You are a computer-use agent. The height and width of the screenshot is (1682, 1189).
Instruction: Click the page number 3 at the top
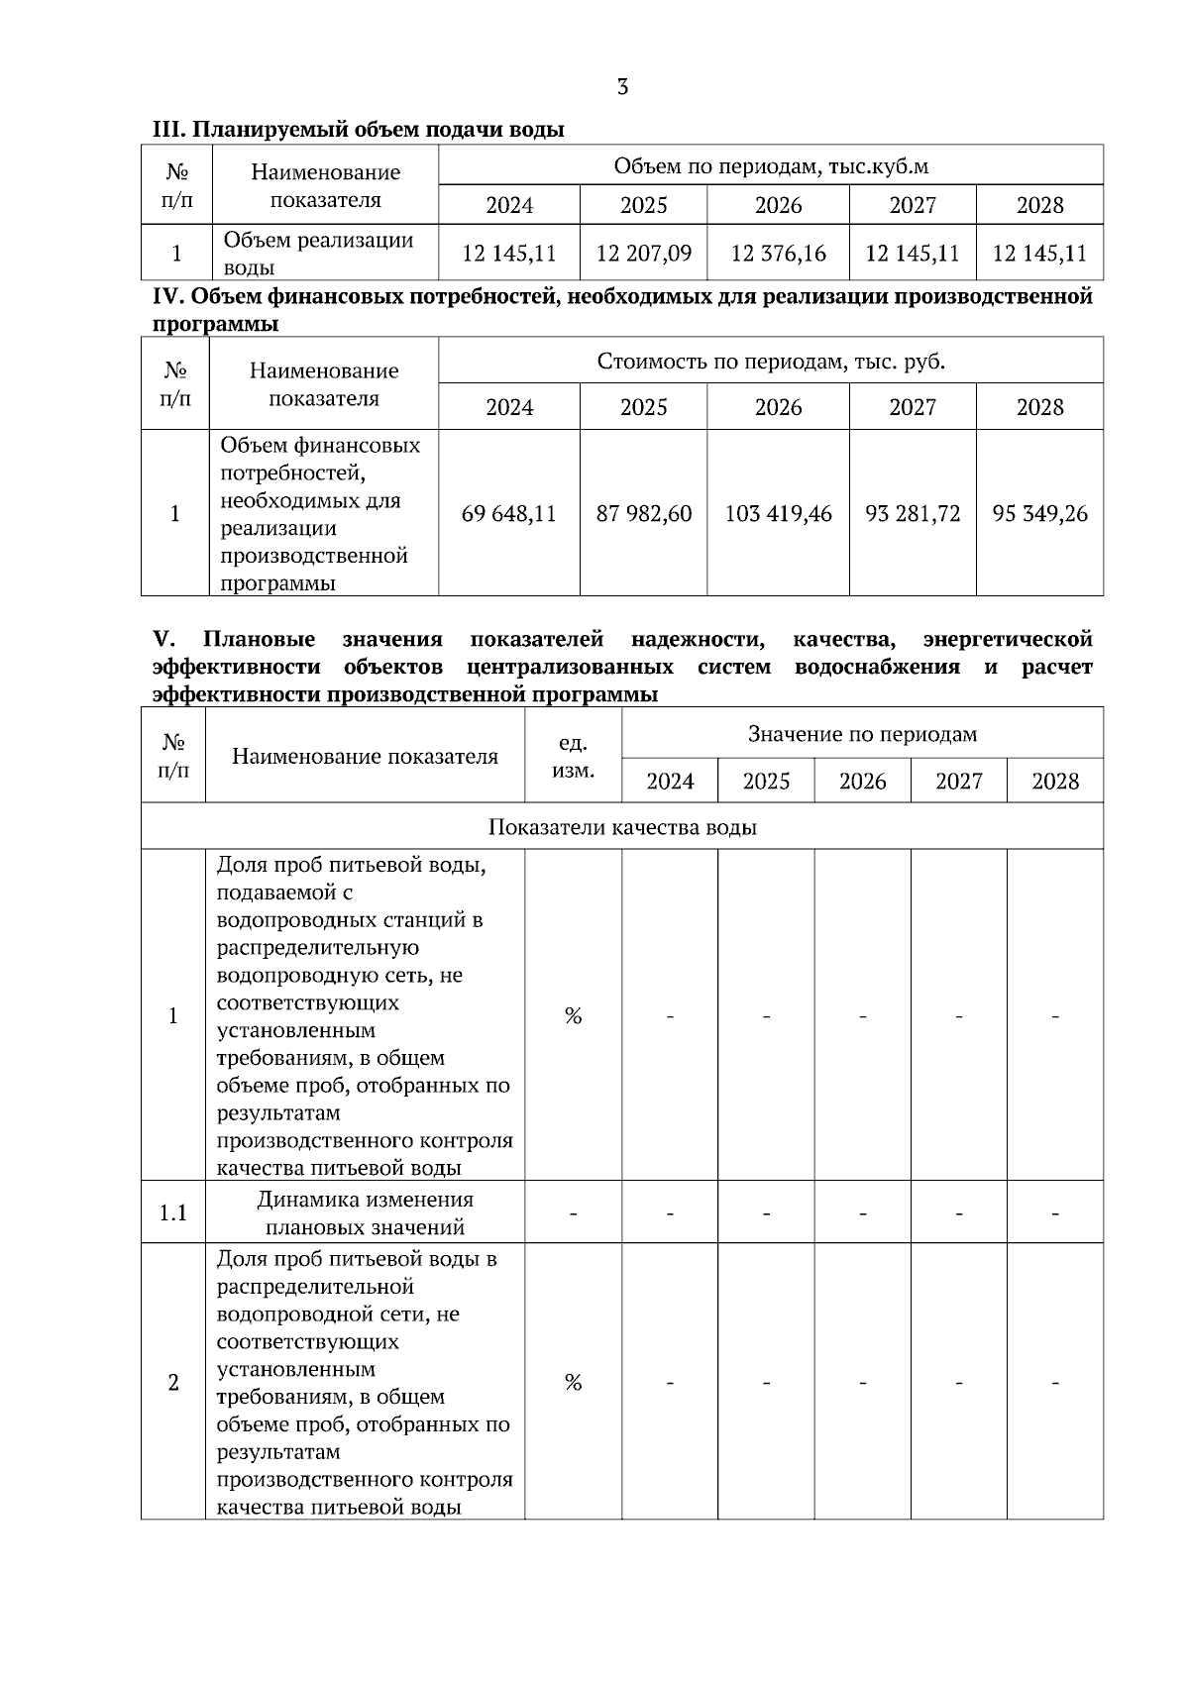tap(622, 87)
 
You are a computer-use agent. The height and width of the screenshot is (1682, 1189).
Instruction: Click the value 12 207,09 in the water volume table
tap(643, 254)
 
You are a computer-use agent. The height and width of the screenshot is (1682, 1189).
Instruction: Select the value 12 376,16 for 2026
tap(778, 254)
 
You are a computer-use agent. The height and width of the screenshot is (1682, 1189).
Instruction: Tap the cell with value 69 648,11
tap(508, 514)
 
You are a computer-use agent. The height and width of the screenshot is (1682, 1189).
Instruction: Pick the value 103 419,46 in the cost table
tap(778, 514)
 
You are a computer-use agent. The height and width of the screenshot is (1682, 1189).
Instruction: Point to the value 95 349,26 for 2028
tap(1039, 514)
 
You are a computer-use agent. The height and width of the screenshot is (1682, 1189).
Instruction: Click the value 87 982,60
tap(643, 514)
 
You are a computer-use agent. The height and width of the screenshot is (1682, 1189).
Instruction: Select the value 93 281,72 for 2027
tap(913, 514)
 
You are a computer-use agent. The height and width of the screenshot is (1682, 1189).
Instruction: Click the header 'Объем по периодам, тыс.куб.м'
tap(771, 165)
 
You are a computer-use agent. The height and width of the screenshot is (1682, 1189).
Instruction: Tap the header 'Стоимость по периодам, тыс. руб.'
tap(771, 362)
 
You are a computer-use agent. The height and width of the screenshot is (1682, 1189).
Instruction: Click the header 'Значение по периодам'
tap(862, 734)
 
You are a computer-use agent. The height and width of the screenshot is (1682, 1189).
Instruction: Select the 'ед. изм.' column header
tap(573, 757)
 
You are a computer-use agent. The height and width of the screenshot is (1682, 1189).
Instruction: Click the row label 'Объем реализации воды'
tap(318, 254)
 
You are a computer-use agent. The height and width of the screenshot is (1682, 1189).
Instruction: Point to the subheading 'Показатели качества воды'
tap(622, 827)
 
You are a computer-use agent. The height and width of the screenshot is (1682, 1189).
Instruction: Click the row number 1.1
tap(173, 1212)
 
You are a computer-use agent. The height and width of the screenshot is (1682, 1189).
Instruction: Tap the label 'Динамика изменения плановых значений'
tap(365, 1212)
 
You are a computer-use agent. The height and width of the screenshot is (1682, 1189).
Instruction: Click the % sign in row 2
tap(573, 1382)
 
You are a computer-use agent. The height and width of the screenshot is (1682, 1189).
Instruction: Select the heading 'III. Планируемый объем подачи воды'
tap(358, 130)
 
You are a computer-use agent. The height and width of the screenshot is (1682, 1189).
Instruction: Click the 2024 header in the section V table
tap(670, 782)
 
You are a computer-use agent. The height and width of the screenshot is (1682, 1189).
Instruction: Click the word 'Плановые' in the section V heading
tap(259, 639)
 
